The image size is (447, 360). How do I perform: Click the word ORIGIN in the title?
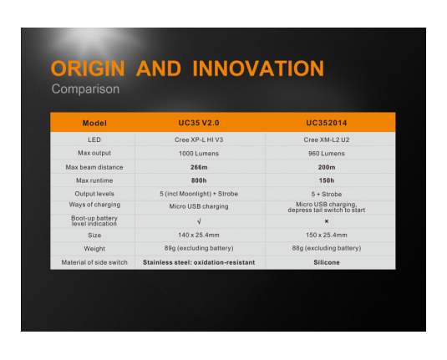tap(88, 68)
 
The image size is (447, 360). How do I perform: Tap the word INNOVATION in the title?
tap(258, 68)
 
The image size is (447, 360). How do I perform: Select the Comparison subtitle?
tap(85, 89)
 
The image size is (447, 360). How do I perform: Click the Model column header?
tap(94, 123)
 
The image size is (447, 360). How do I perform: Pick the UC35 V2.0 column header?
tap(199, 123)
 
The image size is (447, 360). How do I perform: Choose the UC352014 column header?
tap(327, 123)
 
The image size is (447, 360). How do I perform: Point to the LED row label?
tap(94, 139)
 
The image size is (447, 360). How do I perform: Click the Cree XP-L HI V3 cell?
tap(199, 139)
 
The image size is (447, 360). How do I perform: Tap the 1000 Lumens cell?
tap(199, 154)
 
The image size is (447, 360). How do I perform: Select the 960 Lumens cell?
tap(327, 154)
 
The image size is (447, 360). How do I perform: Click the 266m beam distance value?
tap(199, 167)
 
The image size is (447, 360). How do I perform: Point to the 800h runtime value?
tap(199, 180)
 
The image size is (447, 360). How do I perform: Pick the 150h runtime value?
tap(327, 180)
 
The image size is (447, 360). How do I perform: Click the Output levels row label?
tap(94, 194)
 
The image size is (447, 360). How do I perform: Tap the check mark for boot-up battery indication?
tap(199, 221)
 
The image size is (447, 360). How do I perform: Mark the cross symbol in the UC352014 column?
tap(327, 221)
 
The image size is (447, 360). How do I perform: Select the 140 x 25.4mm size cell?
tap(199, 236)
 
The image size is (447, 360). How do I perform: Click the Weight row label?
tap(94, 249)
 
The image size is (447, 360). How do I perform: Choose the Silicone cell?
tap(327, 262)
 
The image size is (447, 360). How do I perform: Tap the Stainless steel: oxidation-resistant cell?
tap(199, 262)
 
